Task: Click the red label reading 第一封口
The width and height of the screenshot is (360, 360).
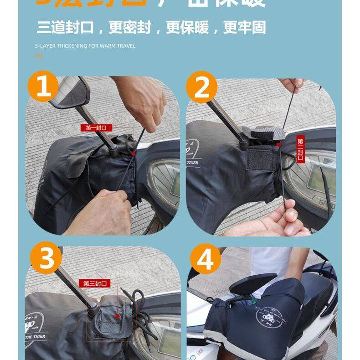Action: tap(96, 128)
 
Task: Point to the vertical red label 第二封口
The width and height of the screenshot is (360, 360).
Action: tap(300, 149)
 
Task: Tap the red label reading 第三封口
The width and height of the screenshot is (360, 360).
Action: tap(95, 283)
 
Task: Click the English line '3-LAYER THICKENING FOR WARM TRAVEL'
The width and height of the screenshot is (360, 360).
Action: tap(85, 46)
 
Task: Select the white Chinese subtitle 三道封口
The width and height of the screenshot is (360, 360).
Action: tap(65, 27)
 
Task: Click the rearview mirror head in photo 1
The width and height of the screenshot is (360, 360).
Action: tap(68, 93)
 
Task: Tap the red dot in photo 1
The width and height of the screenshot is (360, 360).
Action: tap(133, 154)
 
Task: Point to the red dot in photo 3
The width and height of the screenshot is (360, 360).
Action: tap(118, 315)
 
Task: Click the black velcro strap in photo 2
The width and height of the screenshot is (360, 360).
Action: tap(262, 159)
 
